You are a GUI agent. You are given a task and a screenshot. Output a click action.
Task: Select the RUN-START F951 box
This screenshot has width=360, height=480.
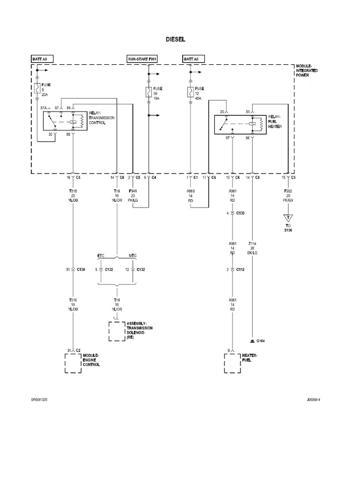pos(142,59)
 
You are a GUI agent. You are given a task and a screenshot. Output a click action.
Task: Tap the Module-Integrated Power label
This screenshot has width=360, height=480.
pos(307,70)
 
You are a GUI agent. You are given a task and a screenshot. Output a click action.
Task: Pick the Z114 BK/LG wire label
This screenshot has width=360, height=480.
pos(253,249)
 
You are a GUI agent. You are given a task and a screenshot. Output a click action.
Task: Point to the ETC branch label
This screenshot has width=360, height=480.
pos(101,255)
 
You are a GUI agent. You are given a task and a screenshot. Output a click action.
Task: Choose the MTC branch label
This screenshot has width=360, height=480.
pos(133,255)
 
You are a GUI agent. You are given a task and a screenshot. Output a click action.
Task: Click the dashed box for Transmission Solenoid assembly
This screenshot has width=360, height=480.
pos(116,331)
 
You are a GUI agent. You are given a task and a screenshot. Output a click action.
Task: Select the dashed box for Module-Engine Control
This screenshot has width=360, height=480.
pos(73,363)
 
